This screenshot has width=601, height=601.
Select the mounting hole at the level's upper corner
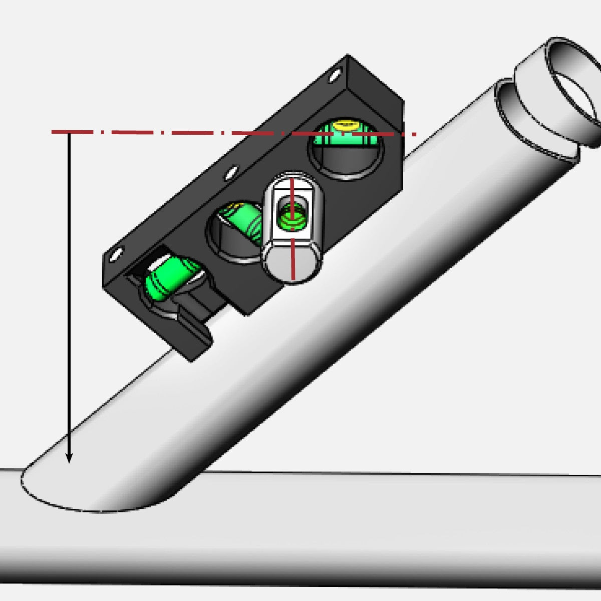pos(333,76)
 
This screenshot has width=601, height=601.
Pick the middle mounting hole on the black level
pos(230,173)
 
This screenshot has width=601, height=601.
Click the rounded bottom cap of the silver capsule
pos(292,263)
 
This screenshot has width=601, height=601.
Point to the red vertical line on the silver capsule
pos(292,250)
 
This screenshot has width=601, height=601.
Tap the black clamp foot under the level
pos(195,336)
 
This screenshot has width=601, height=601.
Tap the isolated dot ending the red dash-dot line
pos(415,134)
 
